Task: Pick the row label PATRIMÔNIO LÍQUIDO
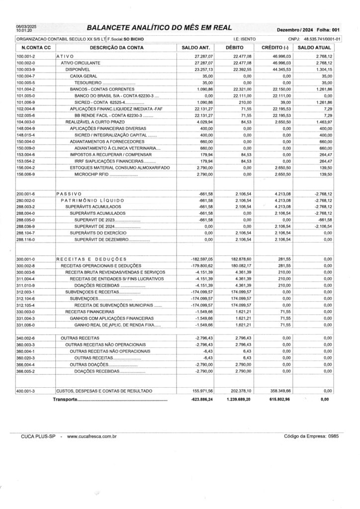pyautogui.click(x=96, y=200)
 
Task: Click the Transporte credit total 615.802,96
pyautogui.click(x=279, y=400)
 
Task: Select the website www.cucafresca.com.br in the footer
pyautogui.click(x=91, y=436)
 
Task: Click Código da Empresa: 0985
pyautogui.click(x=311, y=436)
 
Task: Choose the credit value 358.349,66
pyautogui.click(x=279, y=391)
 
